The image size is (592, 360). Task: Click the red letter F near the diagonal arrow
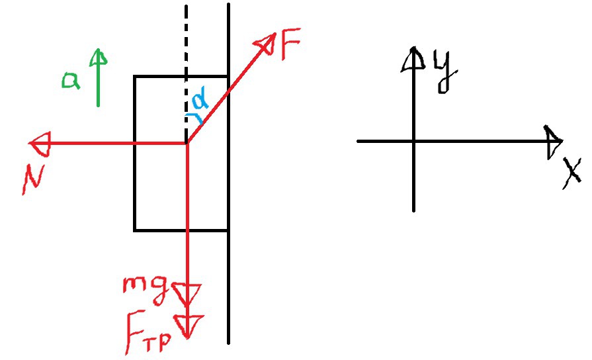click(291, 44)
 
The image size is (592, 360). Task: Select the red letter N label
click(34, 179)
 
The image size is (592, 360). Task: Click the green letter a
click(71, 80)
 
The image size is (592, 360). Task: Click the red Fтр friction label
click(148, 332)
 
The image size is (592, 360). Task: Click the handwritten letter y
click(446, 71)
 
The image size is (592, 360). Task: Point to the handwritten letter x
click(572, 173)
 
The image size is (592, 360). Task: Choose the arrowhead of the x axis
click(553, 142)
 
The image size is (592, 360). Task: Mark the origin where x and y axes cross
click(414, 141)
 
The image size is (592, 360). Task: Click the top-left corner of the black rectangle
click(134, 76)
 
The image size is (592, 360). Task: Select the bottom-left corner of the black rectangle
click(135, 230)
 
